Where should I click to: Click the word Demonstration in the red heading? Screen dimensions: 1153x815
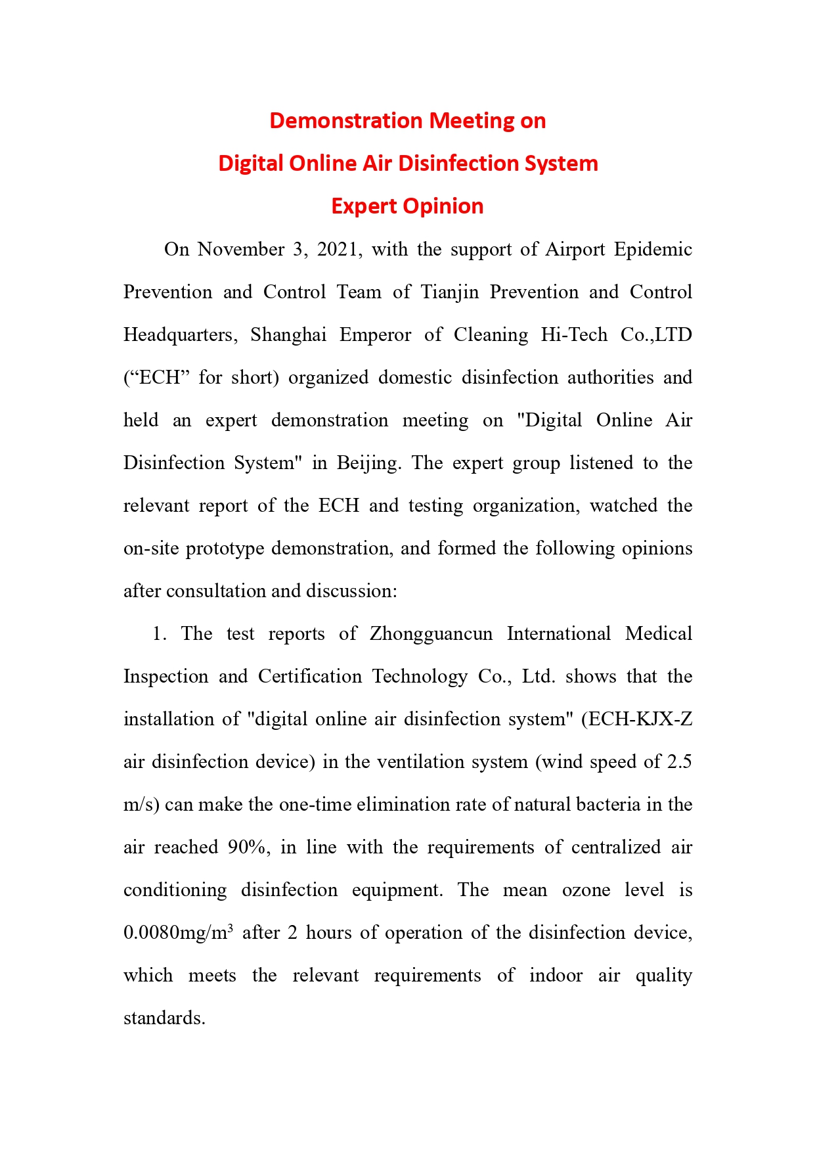[x=345, y=121]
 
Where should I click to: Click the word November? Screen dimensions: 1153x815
[x=240, y=250]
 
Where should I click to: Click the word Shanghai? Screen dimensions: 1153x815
[x=288, y=335]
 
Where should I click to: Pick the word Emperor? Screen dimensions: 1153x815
[x=375, y=335]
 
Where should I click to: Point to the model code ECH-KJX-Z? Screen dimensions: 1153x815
[x=640, y=719]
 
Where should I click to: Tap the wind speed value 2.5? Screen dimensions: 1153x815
[x=679, y=762]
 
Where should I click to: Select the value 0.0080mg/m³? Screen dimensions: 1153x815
[x=178, y=933]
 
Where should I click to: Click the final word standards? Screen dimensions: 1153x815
[x=164, y=1018]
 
